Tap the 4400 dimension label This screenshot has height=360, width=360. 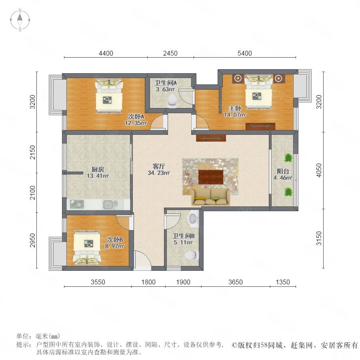click(106, 53)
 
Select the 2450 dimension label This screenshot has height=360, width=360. click(170, 53)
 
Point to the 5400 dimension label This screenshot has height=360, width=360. click(245, 53)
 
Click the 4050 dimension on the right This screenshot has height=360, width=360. click(319, 170)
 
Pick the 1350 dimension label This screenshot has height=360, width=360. click(283, 282)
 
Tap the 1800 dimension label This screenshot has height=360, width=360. click(148, 282)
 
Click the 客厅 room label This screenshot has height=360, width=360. click(159, 166)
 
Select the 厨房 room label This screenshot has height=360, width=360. click(98, 170)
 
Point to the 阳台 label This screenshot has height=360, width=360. click(283, 171)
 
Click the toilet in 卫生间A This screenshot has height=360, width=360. click(172, 101)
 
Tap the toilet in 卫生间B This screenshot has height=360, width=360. click(192, 255)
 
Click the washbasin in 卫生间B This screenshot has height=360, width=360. click(193, 218)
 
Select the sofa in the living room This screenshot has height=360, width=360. click(211, 197)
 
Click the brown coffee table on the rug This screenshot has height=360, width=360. click(211, 177)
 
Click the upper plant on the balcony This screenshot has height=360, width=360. click(288, 158)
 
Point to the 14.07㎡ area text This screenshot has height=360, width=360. click(235, 114)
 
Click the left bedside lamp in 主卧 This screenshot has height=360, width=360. click(238, 78)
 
